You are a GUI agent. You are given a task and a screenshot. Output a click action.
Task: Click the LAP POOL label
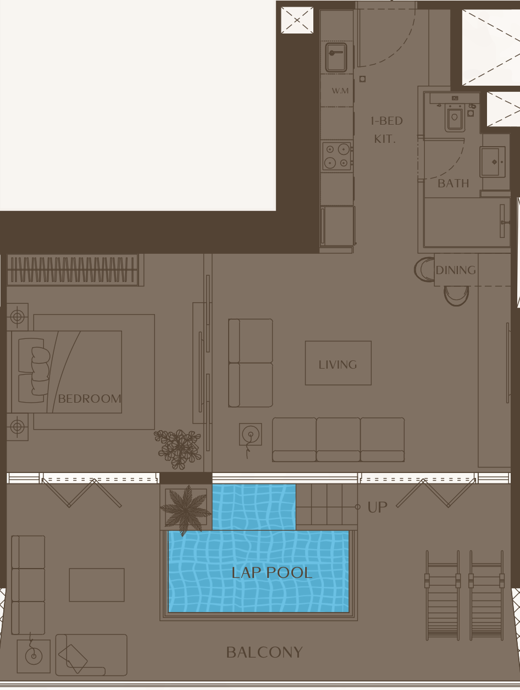(272, 573)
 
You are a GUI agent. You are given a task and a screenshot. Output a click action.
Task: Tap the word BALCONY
(264, 653)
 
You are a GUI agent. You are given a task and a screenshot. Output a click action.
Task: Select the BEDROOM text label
(90, 399)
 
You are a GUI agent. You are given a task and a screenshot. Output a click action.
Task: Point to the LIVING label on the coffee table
(338, 365)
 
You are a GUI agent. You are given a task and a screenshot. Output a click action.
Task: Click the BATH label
(453, 183)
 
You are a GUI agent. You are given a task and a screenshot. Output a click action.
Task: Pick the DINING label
(456, 270)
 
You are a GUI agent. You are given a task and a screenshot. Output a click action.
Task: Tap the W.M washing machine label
(340, 91)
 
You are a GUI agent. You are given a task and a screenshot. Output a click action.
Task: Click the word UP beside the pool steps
(377, 507)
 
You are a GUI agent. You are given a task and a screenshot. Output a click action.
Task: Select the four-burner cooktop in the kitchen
(337, 156)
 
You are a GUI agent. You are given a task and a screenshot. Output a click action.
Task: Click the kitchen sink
(336, 58)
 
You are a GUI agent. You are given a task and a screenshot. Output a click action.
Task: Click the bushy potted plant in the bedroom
(178, 449)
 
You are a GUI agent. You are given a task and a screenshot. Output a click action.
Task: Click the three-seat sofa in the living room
(338, 439)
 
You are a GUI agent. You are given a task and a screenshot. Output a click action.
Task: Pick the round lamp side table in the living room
(251, 434)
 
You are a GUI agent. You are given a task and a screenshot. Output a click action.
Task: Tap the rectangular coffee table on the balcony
(97, 585)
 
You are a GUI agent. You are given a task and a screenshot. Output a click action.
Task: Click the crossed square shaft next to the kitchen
(297, 20)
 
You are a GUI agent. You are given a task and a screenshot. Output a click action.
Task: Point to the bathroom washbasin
(493, 162)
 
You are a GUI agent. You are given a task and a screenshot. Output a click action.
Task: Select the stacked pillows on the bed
(40, 371)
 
